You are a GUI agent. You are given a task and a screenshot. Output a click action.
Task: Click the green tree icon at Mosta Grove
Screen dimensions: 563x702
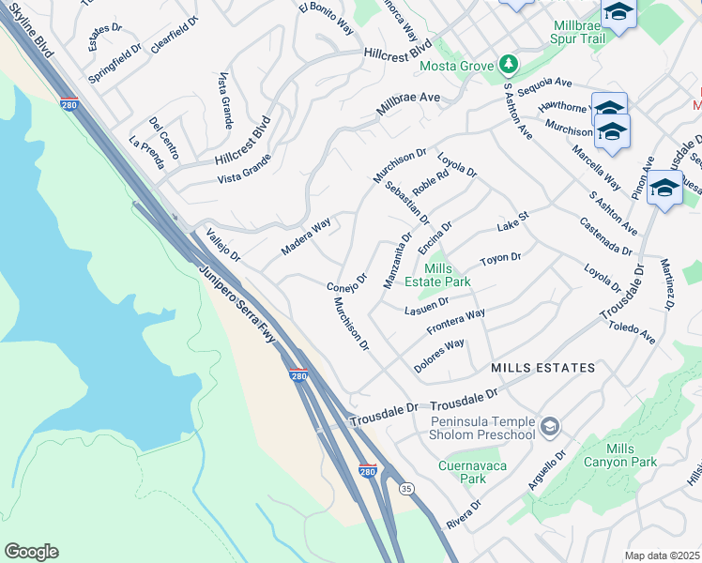(508, 64)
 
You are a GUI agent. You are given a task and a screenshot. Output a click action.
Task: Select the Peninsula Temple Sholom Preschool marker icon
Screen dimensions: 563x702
(550, 428)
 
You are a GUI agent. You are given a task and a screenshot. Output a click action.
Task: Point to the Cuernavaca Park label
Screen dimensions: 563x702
(462, 471)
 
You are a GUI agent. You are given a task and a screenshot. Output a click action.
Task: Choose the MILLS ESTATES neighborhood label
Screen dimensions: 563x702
(542, 368)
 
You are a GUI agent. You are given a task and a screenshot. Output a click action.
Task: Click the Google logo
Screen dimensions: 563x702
(31, 551)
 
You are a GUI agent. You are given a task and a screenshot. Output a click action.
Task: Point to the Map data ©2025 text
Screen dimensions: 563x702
(662, 555)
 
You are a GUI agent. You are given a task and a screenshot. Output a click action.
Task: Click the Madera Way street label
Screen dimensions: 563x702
(306, 237)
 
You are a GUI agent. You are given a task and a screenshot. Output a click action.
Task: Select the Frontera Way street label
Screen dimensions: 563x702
(455, 323)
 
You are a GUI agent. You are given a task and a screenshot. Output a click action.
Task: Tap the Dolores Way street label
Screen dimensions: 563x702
(440, 356)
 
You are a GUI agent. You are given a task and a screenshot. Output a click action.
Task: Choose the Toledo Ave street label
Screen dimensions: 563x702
(633, 331)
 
